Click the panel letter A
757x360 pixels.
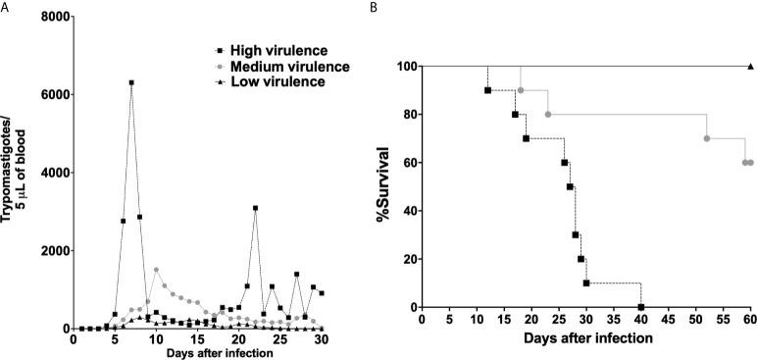pos(6,7)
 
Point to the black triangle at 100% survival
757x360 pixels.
pos(750,67)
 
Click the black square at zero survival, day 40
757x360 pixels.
pos(641,307)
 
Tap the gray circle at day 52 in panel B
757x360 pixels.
pos(707,138)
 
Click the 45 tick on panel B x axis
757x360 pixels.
pos(668,319)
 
